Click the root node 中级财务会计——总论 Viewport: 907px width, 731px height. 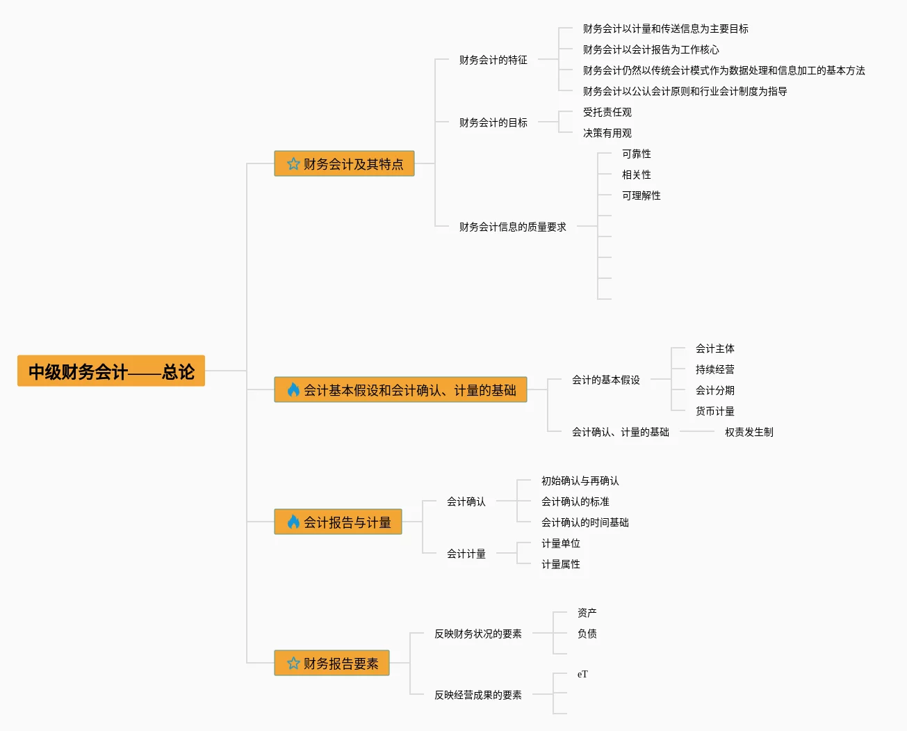click(111, 371)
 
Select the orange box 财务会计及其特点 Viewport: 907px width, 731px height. click(345, 164)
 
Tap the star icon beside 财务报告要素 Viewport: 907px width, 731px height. click(293, 664)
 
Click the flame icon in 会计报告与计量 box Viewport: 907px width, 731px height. click(293, 522)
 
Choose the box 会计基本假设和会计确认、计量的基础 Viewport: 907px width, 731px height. click(400, 390)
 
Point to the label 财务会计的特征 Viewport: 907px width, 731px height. click(493, 60)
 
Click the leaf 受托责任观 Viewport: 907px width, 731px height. click(607, 112)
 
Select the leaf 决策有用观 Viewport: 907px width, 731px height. click(607, 133)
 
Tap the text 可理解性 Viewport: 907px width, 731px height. click(641, 195)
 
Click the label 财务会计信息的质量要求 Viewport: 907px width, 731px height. click(512, 227)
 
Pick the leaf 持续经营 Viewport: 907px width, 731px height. click(714, 369)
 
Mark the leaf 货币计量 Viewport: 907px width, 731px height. click(714, 411)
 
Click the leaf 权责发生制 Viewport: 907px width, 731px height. click(749, 432)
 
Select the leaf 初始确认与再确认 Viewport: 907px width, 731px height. click(580, 481)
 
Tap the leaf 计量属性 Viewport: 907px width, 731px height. click(560, 564)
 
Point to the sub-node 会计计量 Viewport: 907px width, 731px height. click(466, 554)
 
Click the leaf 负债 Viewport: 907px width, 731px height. click(587, 634)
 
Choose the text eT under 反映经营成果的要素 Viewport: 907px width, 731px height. click(582, 674)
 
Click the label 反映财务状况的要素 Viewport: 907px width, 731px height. click(477, 634)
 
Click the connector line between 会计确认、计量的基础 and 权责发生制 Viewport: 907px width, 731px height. click(696, 432)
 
